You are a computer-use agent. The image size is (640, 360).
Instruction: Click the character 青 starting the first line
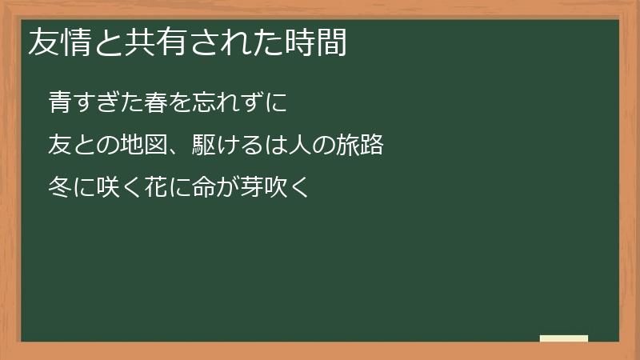coord(61,102)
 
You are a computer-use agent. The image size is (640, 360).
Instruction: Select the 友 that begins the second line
coord(61,146)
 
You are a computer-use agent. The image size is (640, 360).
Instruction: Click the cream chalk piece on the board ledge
coord(563,338)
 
